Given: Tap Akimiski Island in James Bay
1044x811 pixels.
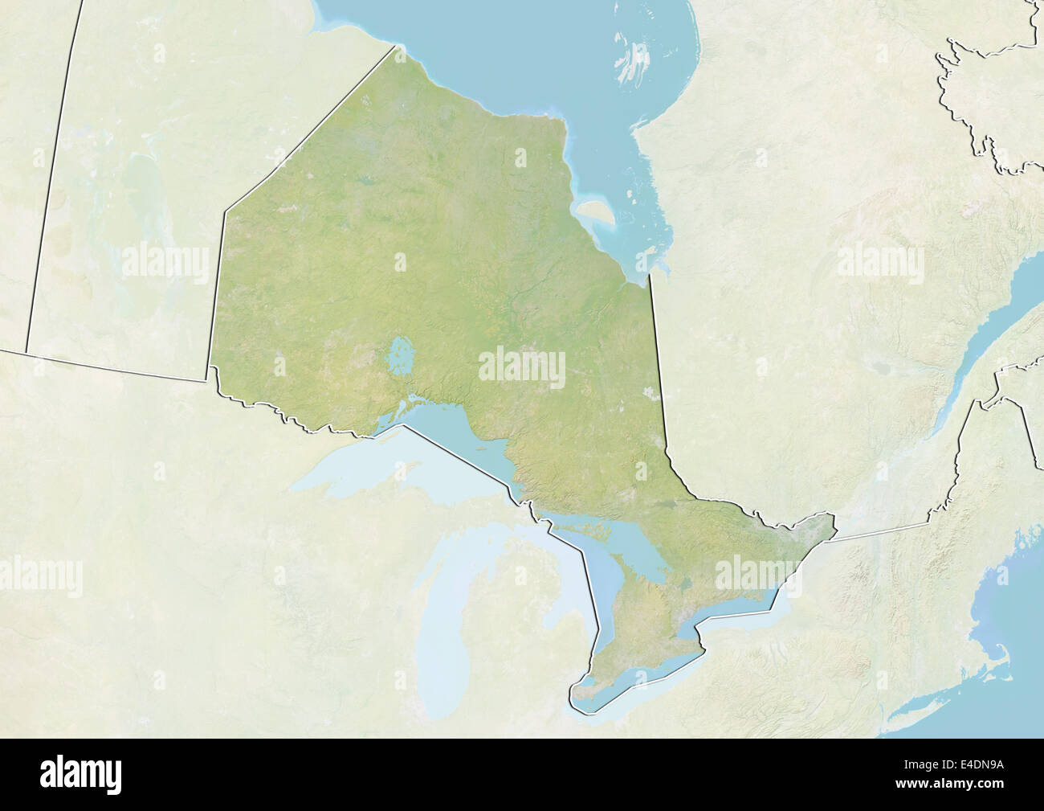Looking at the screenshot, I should point(595,214).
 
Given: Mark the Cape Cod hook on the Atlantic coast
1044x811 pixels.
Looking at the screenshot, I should point(993,643).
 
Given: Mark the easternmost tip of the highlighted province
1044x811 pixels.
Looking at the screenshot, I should point(835,527).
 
